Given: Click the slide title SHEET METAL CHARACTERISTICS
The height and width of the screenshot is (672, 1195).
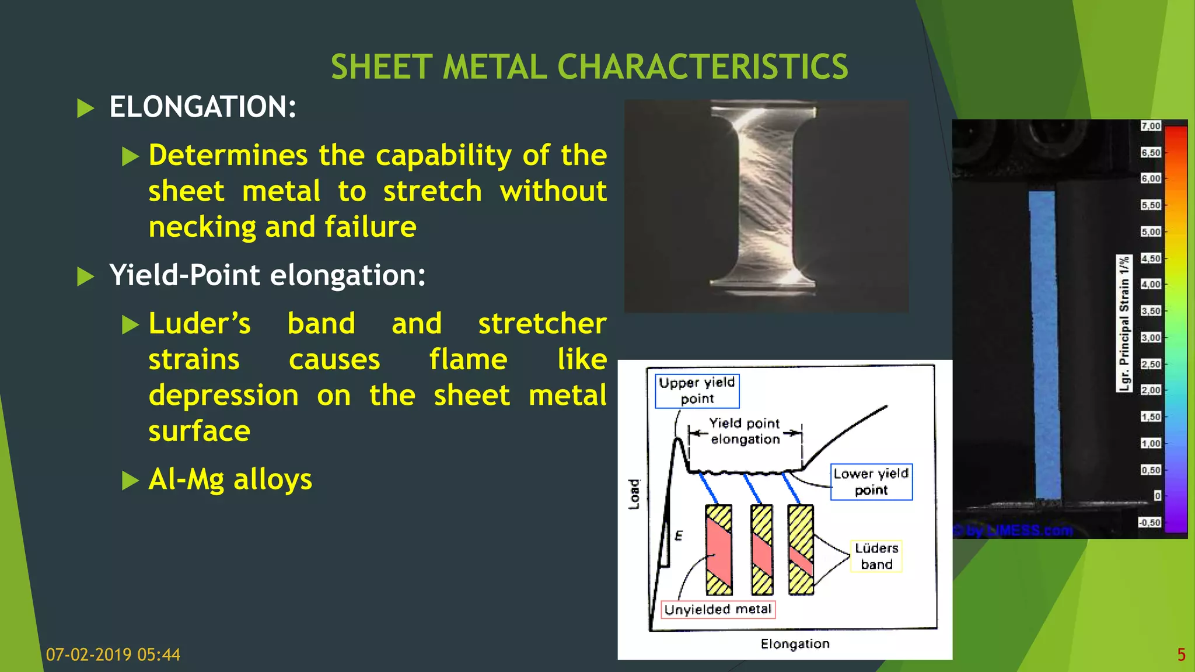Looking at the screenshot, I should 589,66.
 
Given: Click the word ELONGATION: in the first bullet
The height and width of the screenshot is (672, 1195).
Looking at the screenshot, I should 202,107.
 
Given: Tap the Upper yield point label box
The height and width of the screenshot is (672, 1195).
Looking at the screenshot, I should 697,391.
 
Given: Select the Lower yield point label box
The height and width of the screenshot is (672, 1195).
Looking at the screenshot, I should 871,482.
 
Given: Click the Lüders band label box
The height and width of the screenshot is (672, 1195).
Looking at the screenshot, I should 876,556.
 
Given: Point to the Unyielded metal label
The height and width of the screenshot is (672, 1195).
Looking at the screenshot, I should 718,610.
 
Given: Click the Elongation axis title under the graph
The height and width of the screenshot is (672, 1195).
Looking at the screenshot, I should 795,644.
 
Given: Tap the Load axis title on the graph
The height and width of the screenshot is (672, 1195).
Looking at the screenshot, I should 634,494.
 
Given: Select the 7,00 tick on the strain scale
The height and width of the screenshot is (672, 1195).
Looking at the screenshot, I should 1151,126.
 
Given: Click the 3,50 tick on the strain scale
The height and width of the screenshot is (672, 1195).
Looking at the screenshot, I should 1151,311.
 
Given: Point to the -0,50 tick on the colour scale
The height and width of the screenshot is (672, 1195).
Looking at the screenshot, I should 1149,523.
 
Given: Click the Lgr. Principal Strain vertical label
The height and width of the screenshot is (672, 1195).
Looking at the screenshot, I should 1124,324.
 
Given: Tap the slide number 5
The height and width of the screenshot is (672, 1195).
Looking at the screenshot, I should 1181,654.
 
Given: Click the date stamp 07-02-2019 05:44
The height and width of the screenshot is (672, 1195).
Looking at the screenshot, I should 113,654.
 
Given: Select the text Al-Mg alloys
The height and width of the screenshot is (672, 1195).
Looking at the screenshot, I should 230,480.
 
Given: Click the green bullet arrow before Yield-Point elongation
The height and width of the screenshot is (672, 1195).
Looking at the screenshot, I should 86,276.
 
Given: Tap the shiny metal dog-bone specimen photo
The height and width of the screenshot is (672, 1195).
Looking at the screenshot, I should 766,205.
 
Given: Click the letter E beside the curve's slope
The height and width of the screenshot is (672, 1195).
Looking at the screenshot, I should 679,535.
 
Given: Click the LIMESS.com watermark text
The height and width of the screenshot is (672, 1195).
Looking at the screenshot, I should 1018,530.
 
